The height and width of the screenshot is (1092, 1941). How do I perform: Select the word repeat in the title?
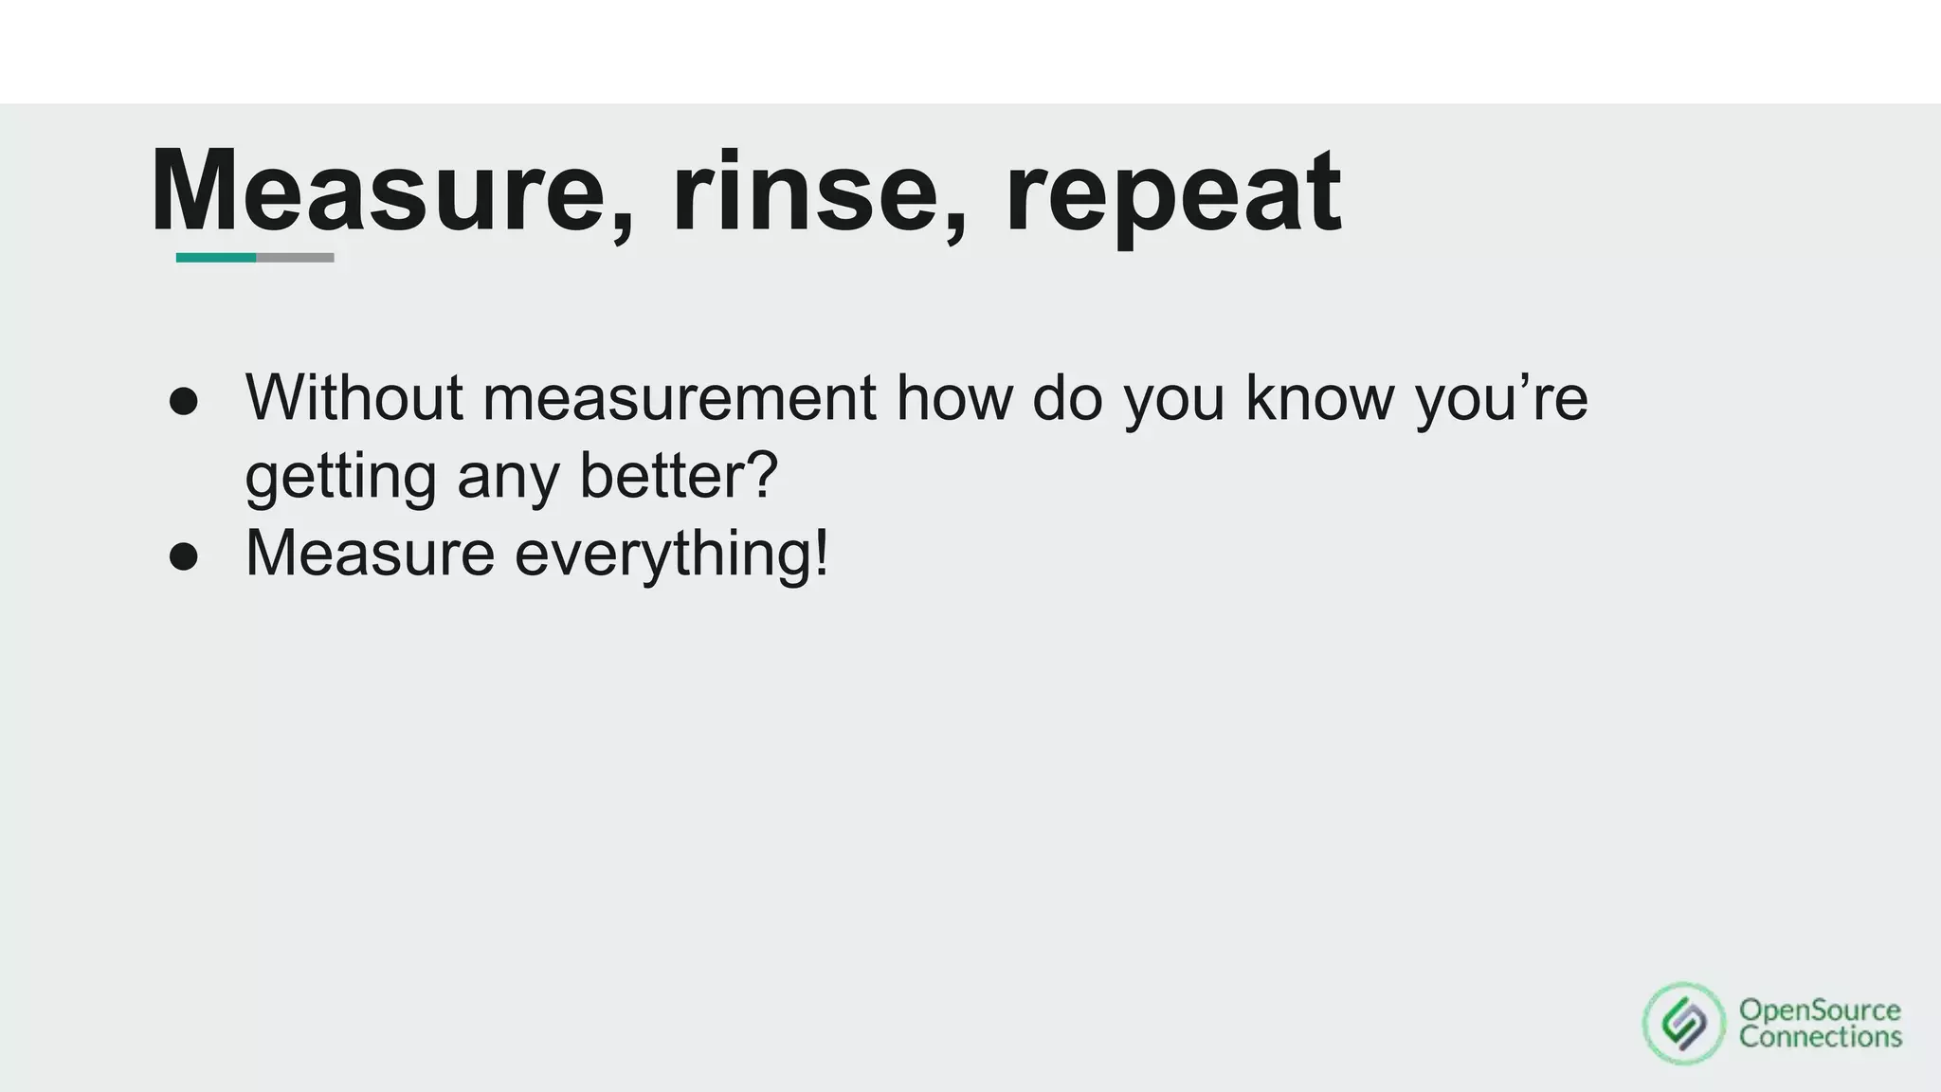(x=1172, y=194)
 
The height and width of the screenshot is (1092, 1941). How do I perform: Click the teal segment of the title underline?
(x=216, y=258)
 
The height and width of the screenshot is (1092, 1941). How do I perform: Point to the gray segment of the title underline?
(x=295, y=258)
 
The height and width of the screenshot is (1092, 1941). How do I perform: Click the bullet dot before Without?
(x=184, y=402)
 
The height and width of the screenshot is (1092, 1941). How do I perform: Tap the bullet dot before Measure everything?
(x=184, y=557)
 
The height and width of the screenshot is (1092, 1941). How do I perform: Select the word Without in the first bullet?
(x=354, y=397)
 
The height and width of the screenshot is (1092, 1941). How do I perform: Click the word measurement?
(x=679, y=397)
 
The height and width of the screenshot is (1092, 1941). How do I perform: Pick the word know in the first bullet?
(x=1319, y=397)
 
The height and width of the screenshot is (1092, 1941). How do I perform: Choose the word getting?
(x=340, y=477)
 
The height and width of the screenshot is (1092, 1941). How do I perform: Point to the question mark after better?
(x=761, y=474)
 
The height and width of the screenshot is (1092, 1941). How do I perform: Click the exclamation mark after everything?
(x=821, y=553)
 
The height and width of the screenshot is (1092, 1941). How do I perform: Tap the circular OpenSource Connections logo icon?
(x=1684, y=1024)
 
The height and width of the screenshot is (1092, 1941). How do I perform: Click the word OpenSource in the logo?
(x=1820, y=1010)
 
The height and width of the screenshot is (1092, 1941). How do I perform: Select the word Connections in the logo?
(x=1820, y=1037)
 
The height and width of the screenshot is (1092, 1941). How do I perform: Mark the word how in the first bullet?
(x=953, y=397)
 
